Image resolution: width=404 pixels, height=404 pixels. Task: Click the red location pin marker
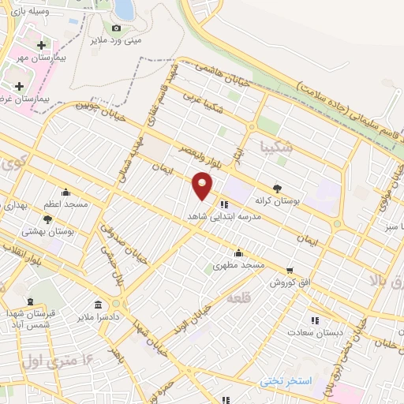(203, 185)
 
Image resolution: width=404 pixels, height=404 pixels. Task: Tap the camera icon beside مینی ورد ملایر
(117, 28)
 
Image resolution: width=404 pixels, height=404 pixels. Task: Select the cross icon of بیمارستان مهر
(41, 46)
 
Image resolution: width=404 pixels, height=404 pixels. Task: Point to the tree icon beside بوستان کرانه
(276, 188)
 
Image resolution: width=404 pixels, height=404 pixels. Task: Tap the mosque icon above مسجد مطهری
(239, 252)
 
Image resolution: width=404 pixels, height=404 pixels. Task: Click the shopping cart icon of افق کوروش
(290, 270)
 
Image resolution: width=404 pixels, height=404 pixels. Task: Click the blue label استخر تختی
(286, 380)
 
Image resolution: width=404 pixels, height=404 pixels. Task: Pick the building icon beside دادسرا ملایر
(98, 305)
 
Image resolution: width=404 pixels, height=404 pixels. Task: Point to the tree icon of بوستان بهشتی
(48, 219)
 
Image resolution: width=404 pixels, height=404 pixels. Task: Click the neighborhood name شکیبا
(275, 146)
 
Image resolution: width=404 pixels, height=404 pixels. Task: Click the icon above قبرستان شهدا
(30, 301)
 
